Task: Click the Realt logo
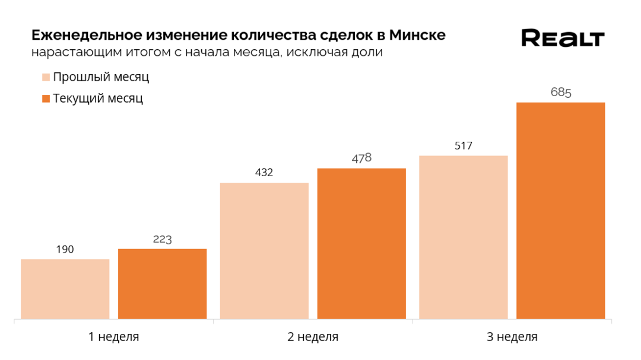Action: coord(562,38)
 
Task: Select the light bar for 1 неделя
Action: coord(65,289)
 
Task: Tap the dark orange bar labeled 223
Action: coord(162,283)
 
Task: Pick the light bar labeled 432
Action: coord(264,250)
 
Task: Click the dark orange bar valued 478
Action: coord(361,243)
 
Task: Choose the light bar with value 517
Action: coord(463,237)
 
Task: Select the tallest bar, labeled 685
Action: coord(560,211)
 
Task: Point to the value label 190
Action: coord(65,250)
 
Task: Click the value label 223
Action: coord(162,239)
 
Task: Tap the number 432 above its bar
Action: coord(264,173)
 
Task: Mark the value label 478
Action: coord(361,158)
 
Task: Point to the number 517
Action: coord(463,146)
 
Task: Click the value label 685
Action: coord(560,93)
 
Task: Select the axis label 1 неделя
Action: coord(113,337)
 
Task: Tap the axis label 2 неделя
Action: coord(313,337)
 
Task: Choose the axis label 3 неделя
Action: coord(512,337)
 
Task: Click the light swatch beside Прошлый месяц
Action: coord(46,78)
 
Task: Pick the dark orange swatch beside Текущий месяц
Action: coord(46,98)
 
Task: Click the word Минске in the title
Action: coord(417,35)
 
